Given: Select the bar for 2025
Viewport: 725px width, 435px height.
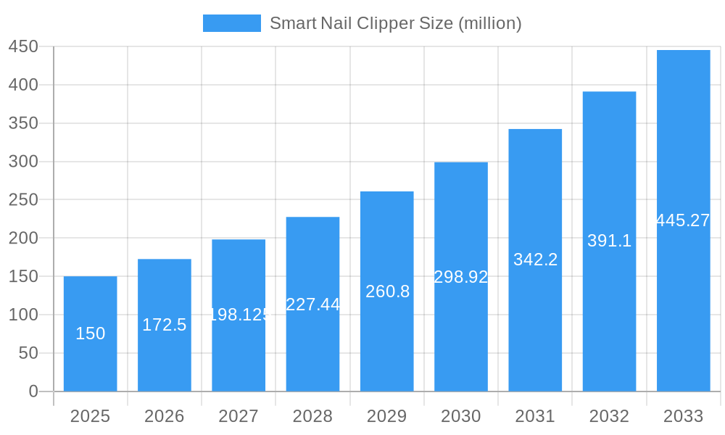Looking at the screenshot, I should click(90, 362).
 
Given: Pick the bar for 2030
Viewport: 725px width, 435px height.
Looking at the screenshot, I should click(461, 333).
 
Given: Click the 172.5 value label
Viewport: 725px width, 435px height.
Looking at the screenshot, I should click(164, 325).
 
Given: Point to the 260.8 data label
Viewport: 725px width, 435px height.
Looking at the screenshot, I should click(387, 291).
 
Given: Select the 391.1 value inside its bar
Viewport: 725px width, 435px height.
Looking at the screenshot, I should click(609, 241).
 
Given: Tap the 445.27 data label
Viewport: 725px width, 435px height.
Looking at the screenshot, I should click(683, 220).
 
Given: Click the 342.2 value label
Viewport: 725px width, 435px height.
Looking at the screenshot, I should click(535, 260).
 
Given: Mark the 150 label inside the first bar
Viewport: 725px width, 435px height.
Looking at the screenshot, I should click(90, 333).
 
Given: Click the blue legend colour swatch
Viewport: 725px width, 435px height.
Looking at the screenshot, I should click(231, 23).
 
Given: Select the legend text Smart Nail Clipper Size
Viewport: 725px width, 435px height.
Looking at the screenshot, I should click(396, 23).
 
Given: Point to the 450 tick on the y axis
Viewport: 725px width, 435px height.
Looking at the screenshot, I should click(23, 46).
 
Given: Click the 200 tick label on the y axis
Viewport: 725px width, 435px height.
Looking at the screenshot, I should click(23, 238).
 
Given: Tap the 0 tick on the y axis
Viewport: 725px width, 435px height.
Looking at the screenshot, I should click(33, 391).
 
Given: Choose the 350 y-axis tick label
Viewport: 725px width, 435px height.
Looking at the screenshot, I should click(23, 123).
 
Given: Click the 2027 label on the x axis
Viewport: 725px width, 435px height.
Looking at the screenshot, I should click(239, 416).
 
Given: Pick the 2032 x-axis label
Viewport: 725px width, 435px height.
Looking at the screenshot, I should click(609, 416).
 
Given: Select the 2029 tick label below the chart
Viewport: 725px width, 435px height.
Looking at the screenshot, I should click(386, 416).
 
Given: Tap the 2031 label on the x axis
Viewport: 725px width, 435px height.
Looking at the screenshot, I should click(535, 416).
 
